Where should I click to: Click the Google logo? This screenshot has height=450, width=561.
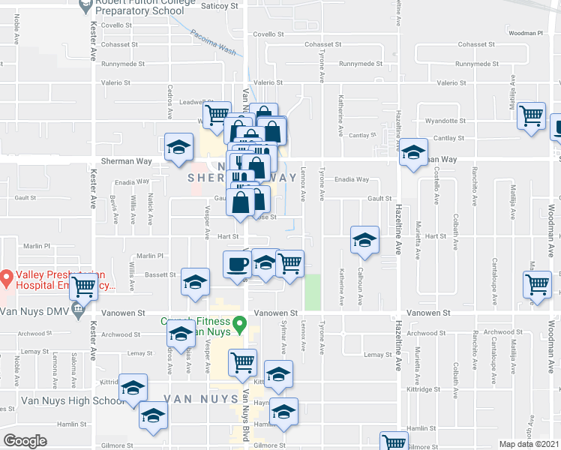(25, 441)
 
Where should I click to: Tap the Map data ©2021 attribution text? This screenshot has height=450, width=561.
(529, 444)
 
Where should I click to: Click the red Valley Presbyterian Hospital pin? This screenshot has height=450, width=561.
(6, 280)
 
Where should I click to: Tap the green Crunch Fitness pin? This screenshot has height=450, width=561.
(240, 325)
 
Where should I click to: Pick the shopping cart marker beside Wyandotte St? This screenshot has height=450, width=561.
(532, 116)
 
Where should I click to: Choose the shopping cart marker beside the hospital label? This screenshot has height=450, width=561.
(84, 286)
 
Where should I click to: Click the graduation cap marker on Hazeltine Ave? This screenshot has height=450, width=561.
(412, 152)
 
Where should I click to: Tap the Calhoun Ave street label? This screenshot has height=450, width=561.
(361, 285)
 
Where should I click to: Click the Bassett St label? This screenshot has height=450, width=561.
(160, 275)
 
